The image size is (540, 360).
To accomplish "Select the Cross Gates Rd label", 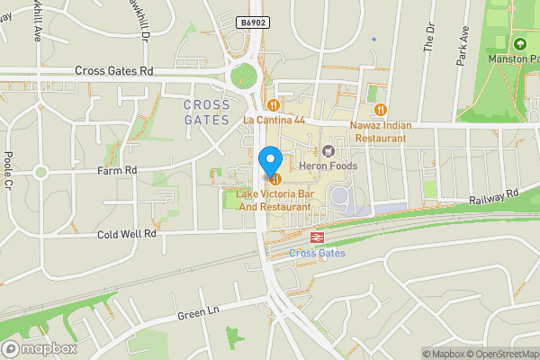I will pyautogui.click(x=114, y=71).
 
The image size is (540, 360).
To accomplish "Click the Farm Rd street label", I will pyautogui.click(x=118, y=169).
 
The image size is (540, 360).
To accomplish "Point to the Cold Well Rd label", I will pyautogui.click(x=127, y=233).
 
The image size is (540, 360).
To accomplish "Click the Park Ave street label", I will pyautogui.click(x=463, y=44).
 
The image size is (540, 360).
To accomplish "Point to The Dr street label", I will pyautogui.click(x=428, y=37).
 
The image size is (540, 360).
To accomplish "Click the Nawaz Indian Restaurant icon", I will pyautogui.click(x=381, y=110).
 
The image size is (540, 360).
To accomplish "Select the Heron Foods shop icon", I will pyautogui.click(x=328, y=150).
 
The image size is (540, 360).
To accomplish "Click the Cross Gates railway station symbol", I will pyautogui.click(x=317, y=238).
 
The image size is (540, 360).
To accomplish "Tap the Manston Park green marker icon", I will pyautogui.click(x=519, y=43).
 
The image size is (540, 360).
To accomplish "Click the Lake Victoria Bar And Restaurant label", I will pyautogui.click(x=274, y=201).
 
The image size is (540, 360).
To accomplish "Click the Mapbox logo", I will pyautogui.click(x=39, y=348).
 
